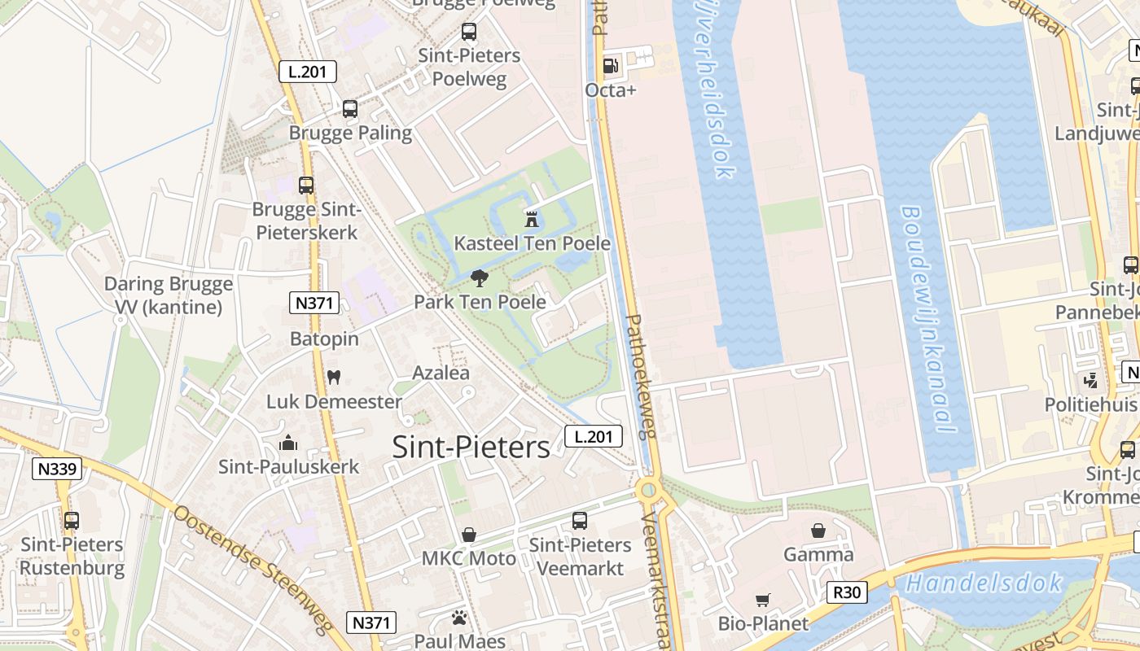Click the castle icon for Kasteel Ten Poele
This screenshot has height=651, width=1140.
click(532, 218)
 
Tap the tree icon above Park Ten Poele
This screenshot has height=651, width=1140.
click(480, 278)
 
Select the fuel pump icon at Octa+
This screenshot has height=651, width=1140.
click(610, 65)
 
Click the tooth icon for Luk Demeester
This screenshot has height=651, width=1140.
click(333, 377)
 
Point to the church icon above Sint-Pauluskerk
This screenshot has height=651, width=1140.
click(287, 443)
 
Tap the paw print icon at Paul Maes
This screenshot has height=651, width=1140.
click(459, 618)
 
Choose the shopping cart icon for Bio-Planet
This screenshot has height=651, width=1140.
click(763, 600)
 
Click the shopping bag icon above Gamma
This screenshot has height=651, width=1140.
click(818, 531)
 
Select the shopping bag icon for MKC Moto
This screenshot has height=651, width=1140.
click(469, 535)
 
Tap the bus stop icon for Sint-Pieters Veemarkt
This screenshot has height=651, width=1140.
click(580, 520)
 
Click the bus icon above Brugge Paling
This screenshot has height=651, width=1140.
click(350, 108)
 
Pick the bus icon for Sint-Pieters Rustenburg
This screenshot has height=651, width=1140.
click(72, 520)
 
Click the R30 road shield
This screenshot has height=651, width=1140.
click(846, 592)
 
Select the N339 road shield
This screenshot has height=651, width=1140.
click(57, 469)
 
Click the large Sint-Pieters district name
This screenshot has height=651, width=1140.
click(471, 447)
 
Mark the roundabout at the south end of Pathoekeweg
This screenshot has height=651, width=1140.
click(648, 489)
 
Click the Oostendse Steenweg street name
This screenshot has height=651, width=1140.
click(252, 570)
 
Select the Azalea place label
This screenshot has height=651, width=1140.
click(441, 373)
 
